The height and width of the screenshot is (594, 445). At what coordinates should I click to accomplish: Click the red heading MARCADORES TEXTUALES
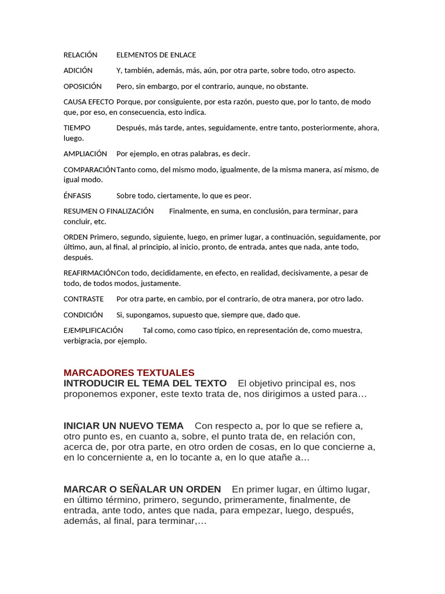coord(129,372)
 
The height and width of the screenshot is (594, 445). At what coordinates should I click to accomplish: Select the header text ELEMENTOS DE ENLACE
coord(156,55)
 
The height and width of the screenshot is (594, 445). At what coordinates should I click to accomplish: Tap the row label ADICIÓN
coord(78,70)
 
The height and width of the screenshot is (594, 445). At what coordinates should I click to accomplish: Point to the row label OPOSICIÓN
coord(82,86)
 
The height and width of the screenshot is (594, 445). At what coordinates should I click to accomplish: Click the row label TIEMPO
coord(77,128)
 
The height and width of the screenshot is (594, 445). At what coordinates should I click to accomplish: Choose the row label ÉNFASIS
coord(77,195)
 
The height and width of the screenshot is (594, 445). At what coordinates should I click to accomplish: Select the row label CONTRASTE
coord(83,299)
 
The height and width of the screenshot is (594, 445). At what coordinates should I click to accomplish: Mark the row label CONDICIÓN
coord(83,314)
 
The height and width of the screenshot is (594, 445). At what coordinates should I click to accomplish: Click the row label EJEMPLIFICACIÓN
coord(93,330)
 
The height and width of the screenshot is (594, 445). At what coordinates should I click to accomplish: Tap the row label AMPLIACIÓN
coord(85,154)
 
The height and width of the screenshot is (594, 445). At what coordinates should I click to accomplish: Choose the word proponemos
coord(93,394)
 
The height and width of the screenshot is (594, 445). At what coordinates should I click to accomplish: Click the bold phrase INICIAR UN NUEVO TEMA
coord(123,426)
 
